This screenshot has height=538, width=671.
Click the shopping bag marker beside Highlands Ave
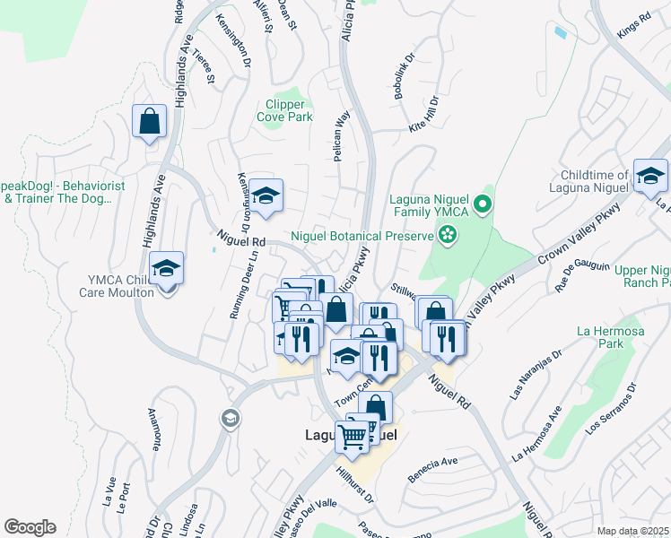click(x=149, y=121)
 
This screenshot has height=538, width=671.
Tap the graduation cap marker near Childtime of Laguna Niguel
click(x=650, y=176)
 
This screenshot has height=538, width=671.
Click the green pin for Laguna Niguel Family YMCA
click(x=484, y=204)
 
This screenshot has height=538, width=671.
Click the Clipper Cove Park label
click(x=284, y=110)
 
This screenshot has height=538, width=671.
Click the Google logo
click(x=30, y=526)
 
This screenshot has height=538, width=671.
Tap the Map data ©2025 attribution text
click(x=632, y=531)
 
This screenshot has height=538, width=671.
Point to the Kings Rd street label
click(x=633, y=26)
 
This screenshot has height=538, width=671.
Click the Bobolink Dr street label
click(x=401, y=76)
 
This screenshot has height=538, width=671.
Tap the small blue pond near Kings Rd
click(x=561, y=33)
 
